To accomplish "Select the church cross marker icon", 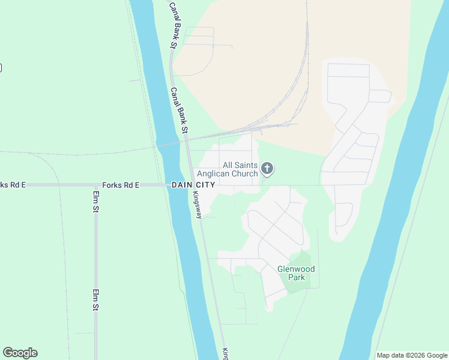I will [x=267, y=169].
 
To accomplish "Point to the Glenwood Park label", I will [x=296, y=273].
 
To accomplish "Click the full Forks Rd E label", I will [x=121, y=185].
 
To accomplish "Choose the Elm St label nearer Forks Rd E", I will [x=95, y=202].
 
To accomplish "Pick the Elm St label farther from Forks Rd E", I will [x=95, y=299].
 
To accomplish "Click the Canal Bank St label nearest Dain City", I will [x=179, y=111].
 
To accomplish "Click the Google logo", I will [x=20, y=353].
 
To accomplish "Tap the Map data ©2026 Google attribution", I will [x=412, y=355].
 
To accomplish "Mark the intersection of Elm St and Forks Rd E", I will [x=95, y=185].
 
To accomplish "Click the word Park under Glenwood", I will [x=296, y=277].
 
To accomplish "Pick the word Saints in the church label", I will [x=246, y=165].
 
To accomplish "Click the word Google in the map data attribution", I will [x=435, y=355].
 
